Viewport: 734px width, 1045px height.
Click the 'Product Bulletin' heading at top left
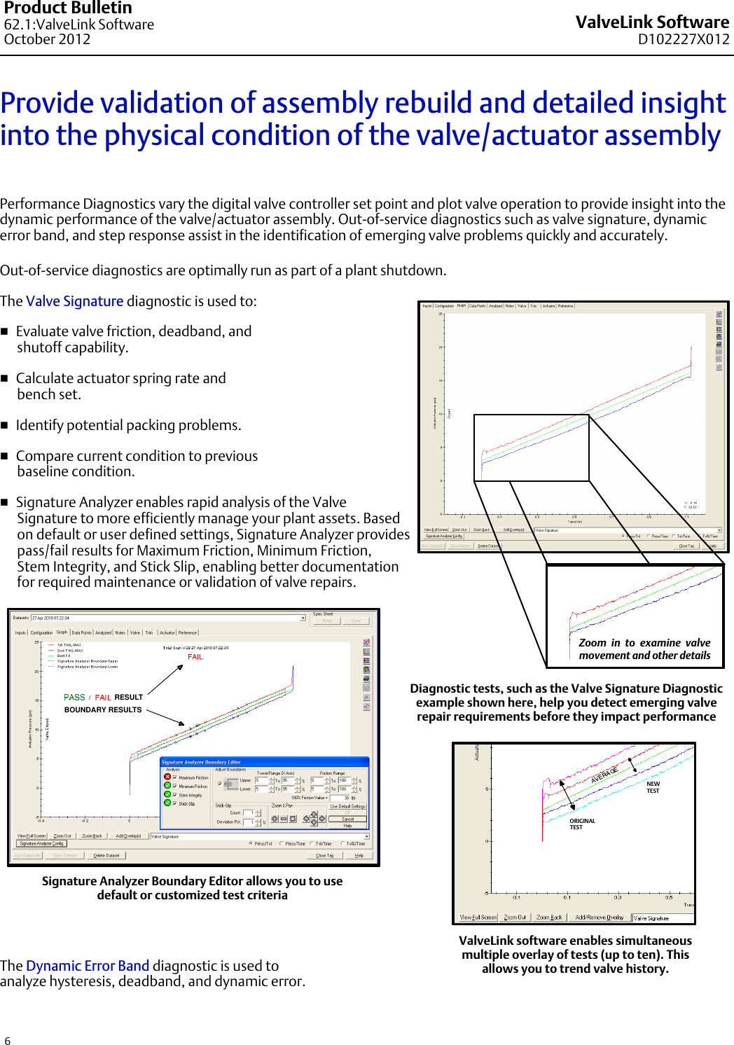click(x=68, y=8)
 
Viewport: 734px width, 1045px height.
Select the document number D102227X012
click(x=683, y=39)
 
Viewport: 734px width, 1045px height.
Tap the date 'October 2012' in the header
click(x=47, y=39)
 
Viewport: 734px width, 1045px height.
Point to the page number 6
click(x=8, y=1041)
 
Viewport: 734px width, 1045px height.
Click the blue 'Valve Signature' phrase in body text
click(x=74, y=301)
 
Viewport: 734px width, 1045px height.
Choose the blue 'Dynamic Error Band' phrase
click(x=88, y=966)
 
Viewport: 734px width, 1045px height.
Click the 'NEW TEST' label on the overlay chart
click(x=653, y=787)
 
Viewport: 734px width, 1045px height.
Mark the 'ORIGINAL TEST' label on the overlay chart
click(x=582, y=824)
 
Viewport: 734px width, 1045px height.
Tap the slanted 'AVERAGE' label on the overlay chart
click(x=604, y=775)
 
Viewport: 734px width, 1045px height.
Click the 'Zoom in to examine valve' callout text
click(x=644, y=643)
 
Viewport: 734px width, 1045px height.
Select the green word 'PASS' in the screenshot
click(x=74, y=698)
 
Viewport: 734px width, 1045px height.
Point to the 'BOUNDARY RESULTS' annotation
click(x=103, y=710)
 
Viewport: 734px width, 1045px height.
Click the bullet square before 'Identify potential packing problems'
click(x=5, y=425)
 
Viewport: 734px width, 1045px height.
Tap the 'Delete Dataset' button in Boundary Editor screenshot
click(x=106, y=855)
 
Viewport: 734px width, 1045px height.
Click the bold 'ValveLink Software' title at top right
click(x=652, y=22)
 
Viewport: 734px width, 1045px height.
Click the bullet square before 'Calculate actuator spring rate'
click(x=5, y=378)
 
